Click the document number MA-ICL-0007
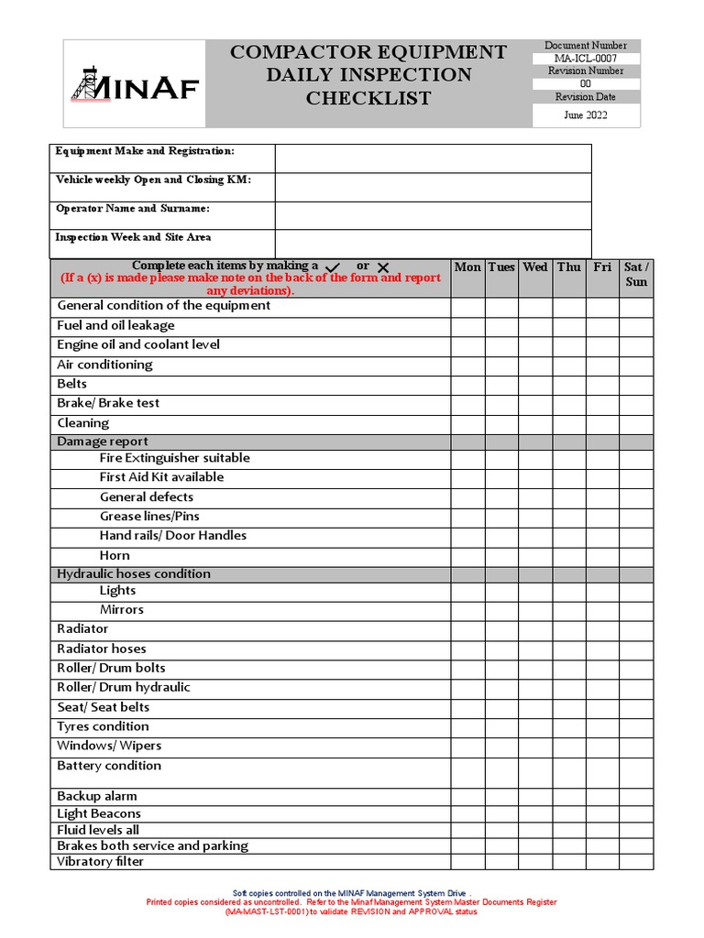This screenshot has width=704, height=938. (x=586, y=59)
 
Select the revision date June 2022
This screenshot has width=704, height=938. (x=586, y=115)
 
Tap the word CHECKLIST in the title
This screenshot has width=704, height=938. (x=368, y=99)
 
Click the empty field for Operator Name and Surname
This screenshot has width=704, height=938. (x=433, y=215)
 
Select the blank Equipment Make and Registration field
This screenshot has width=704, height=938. (x=433, y=158)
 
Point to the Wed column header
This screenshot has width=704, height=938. (x=535, y=267)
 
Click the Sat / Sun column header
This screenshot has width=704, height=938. (x=636, y=275)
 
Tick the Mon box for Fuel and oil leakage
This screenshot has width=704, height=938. (x=467, y=326)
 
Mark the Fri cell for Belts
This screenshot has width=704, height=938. (x=602, y=385)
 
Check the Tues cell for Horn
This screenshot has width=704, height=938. (x=501, y=556)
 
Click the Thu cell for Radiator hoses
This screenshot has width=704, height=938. (x=569, y=649)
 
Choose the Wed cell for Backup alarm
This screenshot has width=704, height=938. (x=535, y=797)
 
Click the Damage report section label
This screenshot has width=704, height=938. (x=103, y=442)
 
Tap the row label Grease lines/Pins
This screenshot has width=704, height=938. (x=149, y=517)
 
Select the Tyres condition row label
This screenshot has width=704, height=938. (x=103, y=726)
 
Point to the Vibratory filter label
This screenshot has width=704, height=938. (x=101, y=862)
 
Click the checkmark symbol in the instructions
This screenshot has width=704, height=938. (x=334, y=267)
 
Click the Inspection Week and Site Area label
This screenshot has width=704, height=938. (x=133, y=237)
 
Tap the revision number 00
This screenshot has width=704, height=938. (x=586, y=83)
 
